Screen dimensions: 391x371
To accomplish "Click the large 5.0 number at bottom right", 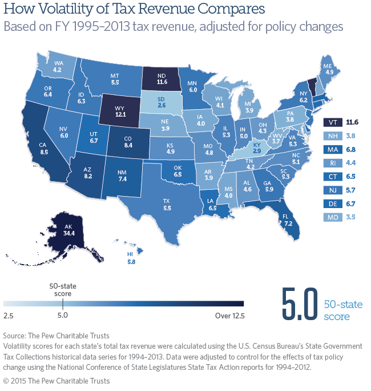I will [298, 309].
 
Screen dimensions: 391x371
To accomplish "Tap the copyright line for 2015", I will [57, 381].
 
